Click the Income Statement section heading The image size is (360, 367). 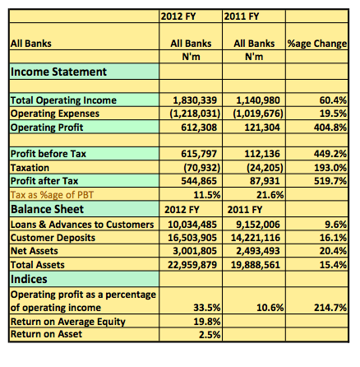(x=58, y=72)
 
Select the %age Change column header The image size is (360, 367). (x=317, y=44)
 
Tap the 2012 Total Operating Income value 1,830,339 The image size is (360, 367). (x=195, y=100)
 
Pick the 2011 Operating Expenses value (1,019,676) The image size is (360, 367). (x=258, y=114)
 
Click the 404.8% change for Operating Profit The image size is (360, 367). (x=330, y=128)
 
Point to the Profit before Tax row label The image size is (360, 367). (x=48, y=154)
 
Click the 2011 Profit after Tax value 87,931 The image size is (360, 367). (x=265, y=181)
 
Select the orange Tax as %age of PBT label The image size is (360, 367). (x=52, y=195)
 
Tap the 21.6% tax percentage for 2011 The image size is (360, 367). (x=270, y=195)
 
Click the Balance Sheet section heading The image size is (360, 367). (x=47, y=209)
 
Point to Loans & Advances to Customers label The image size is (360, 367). (x=82, y=225)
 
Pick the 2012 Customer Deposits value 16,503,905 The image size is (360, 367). (x=192, y=238)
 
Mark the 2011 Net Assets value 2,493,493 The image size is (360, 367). (x=258, y=251)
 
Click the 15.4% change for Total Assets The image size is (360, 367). (x=333, y=265)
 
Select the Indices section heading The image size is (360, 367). (x=29, y=279)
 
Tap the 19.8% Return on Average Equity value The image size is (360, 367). (x=207, y=322)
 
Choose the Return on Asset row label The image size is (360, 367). (x=46, y=334)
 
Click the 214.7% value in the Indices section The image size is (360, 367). (x=330, y=308)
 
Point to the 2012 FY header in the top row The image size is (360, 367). (x=178, y=16)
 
